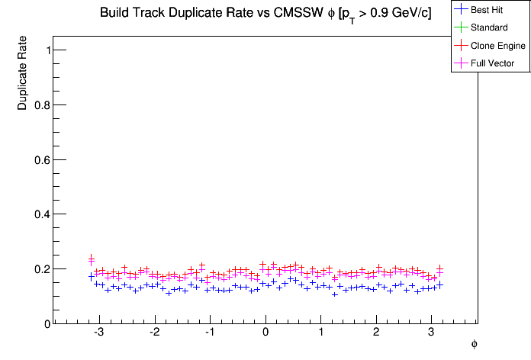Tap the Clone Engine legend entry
click(498, 47)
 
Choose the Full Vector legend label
click(493, 63)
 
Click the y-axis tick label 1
click(47, 50)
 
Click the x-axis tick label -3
click(98, 334)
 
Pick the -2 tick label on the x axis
click(153, 334)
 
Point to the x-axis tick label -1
click(208, 334)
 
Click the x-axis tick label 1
click(320, 334)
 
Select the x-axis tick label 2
click(376, 334)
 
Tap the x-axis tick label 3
click(431, 334)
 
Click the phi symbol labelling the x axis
click(474, 345)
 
